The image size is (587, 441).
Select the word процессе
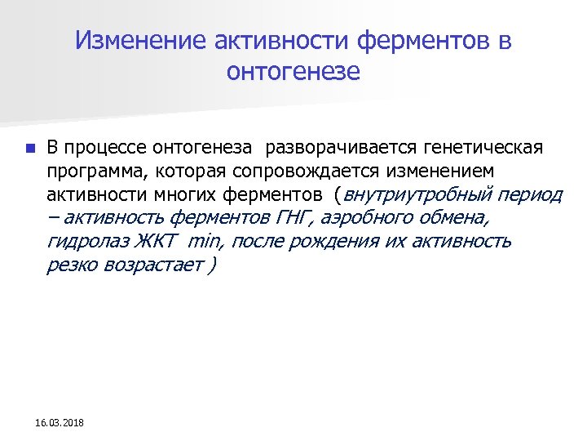point(102,149)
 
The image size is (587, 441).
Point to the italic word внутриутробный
point(415,196)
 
